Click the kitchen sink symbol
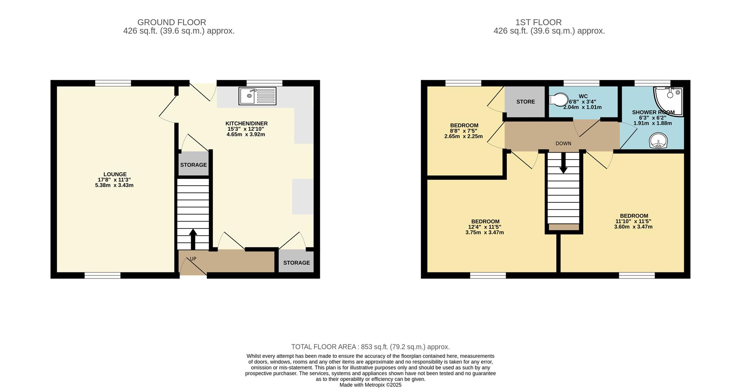coord(257,96)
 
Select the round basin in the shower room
coord(658,141)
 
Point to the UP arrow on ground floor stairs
coord(193,239)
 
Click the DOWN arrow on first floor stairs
coord(563,164)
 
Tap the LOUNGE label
coord(115,174)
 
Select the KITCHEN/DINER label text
coord(246,123)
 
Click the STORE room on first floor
coord(525,102)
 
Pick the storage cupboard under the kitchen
coord(296,262)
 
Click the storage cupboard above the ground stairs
coord(193,165)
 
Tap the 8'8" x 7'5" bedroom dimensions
coord(464,131)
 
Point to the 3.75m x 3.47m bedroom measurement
coord(485,232)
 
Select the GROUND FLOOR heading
coord(172,22)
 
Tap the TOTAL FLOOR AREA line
coord(370,347)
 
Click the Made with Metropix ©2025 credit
coord(370,385)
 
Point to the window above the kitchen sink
coord(264,83)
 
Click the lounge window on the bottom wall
coord(103,275)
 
